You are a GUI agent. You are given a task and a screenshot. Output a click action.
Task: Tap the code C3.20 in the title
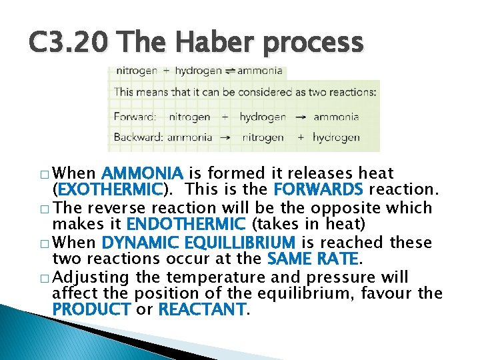coord(70,43)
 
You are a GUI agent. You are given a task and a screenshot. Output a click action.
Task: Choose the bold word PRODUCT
coord(91,310)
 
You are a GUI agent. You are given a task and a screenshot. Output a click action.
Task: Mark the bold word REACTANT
coord(202,310)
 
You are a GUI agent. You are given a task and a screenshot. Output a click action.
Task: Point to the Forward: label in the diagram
coord(135,117)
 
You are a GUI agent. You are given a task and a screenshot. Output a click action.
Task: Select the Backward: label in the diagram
coord(138,138)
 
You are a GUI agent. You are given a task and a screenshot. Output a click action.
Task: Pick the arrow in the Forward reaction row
coord(301,117)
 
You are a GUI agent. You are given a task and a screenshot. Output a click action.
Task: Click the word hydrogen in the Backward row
coord(336,138)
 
